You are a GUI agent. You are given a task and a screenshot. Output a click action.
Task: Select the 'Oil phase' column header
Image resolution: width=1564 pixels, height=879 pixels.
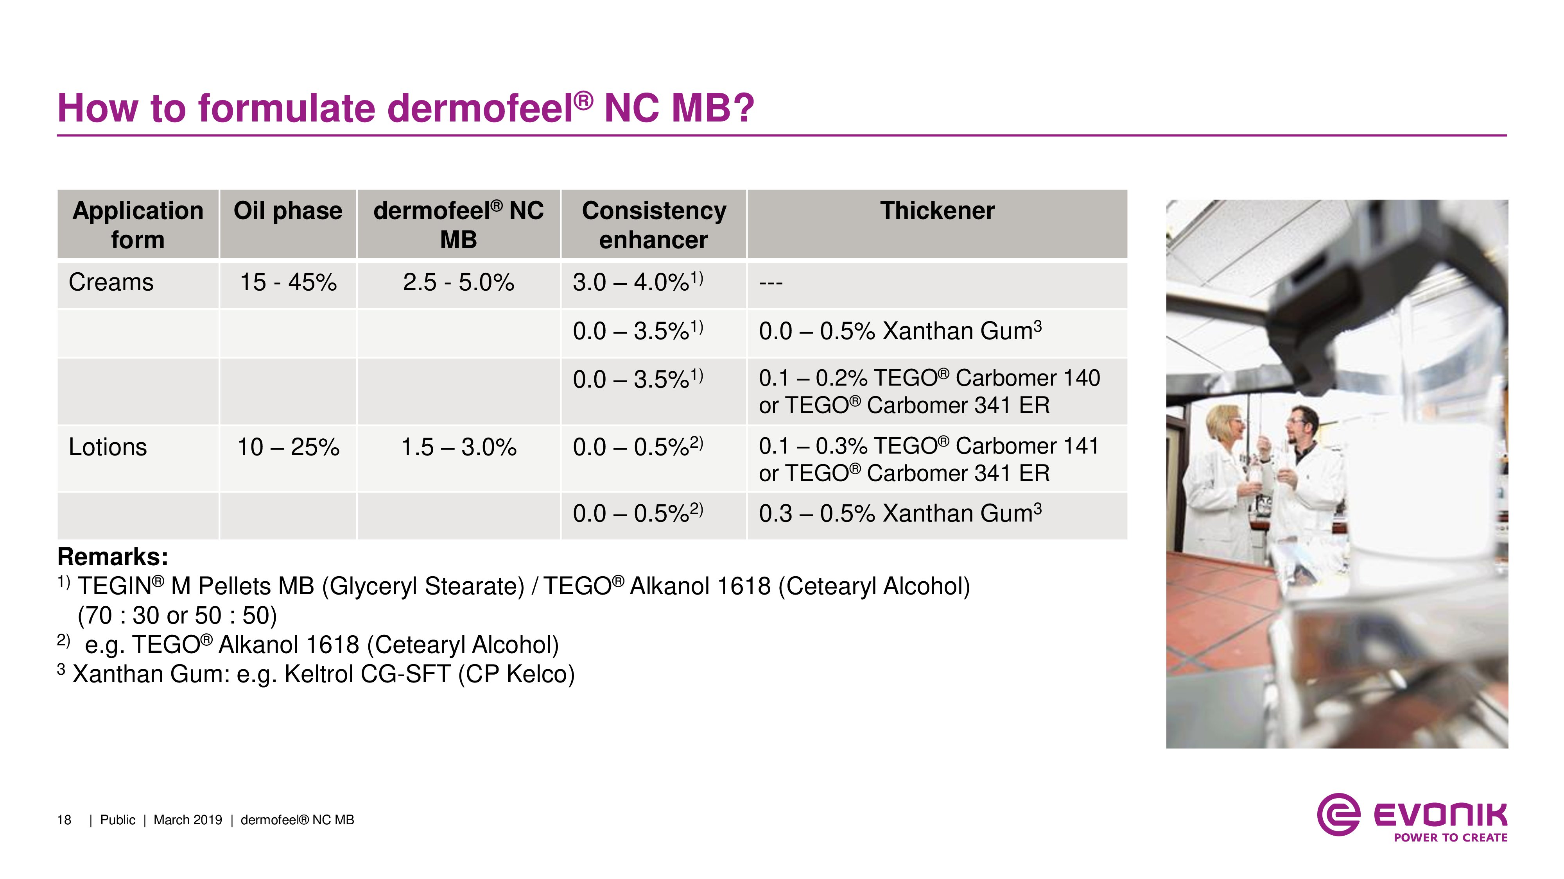[x=288, y=211]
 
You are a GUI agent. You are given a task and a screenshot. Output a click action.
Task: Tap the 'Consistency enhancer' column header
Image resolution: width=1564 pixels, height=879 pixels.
[x=654, y=225]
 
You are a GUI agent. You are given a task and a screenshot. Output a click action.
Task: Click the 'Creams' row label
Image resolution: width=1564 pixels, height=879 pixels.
[x=111, y=282]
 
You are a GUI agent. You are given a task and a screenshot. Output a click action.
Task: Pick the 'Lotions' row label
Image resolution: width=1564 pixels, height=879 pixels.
[x=108, y=447]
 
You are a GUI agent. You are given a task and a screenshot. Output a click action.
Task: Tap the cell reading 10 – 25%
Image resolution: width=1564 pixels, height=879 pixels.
[x=288, y=447]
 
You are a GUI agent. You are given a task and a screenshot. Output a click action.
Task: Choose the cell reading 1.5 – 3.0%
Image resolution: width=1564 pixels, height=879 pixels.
[x=458, y=447]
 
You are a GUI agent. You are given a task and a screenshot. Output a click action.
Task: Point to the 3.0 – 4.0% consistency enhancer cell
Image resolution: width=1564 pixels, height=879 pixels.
[x=637, y=282]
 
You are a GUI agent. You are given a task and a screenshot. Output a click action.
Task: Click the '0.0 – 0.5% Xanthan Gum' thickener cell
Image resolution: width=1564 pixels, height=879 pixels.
[x=900, y=331]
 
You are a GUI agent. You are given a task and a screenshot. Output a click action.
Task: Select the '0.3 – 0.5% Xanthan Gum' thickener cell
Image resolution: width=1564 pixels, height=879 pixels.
[x=900, y=513]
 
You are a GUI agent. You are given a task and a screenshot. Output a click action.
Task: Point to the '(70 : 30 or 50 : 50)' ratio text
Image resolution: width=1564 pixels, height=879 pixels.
[x=177, y=616]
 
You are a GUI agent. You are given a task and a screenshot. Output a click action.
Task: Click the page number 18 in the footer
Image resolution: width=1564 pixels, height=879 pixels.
[x=64, y=820]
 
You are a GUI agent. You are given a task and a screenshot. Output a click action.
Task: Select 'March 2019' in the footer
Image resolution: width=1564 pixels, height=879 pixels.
[x=188, y=820]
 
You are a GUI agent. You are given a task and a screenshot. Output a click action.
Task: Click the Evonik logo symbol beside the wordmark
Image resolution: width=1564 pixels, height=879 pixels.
[x=1338, y=814]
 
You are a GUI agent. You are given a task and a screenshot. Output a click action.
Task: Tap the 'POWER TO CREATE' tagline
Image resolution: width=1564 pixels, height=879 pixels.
[x=1451, y=838]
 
